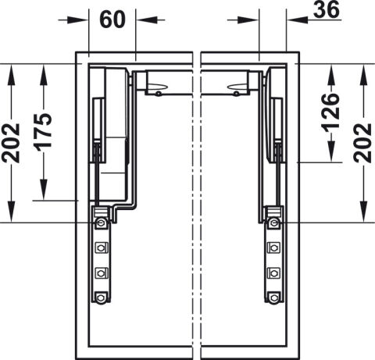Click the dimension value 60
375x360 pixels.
click(x=112, y=20)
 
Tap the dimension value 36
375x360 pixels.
click(x=327, y=10)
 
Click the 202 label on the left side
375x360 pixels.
click(x=11, y=143)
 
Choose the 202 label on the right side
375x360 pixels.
click(x=362, y=143)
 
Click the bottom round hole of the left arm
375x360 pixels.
click(x=100, y=298)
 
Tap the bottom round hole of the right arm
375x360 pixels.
click(x=273, y=298)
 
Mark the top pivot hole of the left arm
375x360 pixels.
click(x=100, y=223)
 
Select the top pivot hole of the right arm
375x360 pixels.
click(x=273, y=223)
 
